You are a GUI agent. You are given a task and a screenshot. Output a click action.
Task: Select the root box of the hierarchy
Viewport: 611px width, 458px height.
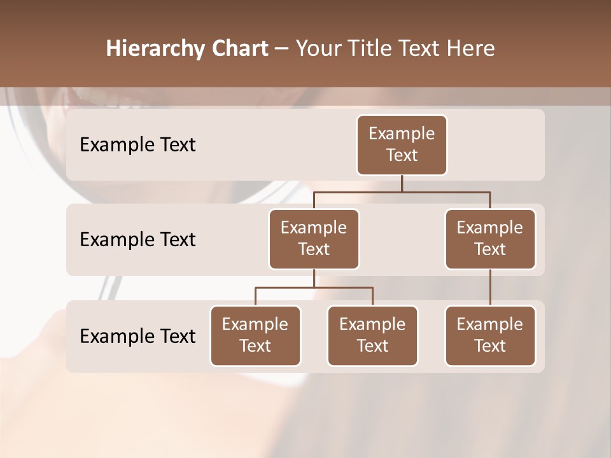[x=402, y=145]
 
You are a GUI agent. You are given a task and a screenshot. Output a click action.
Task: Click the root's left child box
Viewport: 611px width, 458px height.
[x=314, y=239]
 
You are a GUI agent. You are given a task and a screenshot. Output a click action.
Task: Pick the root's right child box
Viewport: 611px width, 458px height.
[x=490, y=239]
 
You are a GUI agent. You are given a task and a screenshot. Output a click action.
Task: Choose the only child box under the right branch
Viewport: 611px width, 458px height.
[x=490, y=336]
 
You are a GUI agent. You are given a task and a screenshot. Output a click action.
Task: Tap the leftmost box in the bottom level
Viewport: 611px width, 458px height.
[x=255, y=336]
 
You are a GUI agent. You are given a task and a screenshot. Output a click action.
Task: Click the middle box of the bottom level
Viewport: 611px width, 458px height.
[x=372, y=336]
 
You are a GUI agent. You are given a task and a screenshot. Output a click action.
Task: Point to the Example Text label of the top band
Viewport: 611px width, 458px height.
[x=137, y=145]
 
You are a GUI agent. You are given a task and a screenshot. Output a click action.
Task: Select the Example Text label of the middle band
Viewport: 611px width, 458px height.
[x=137, y=240]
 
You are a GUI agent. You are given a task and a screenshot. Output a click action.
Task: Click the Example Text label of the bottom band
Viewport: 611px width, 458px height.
[x=137, y=337]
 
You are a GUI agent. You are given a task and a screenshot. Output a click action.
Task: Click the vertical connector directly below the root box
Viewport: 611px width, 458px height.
[x=402, y=183]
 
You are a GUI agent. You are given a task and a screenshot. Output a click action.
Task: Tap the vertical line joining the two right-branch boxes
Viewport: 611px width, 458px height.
[x=490, y=288]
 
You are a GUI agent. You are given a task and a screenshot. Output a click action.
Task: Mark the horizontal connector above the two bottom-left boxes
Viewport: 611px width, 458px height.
[x=314, y=288]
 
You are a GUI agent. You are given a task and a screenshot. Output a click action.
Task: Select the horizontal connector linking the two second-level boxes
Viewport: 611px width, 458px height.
[x=402, y=191]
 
